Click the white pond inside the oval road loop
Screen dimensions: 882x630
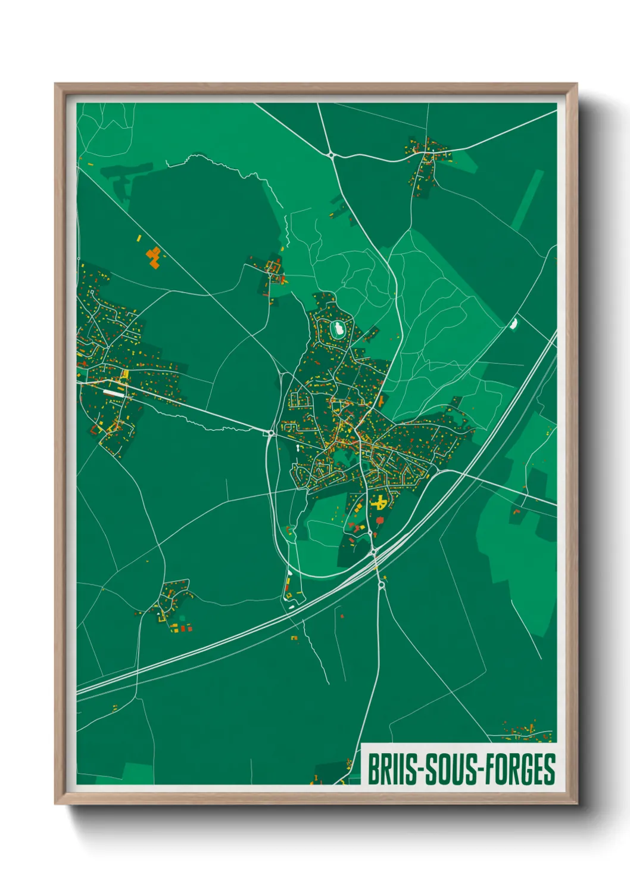point(338,328)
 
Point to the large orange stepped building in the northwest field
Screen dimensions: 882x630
point(154,257)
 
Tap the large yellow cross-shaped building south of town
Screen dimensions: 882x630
point(379,502)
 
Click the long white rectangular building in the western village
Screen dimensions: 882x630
point(114,393)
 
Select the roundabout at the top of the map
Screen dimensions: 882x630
point(331,155)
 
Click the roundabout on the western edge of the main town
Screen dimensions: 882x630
point(271,432)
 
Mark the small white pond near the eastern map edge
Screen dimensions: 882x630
point(514,324)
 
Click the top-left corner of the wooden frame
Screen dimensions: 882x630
point(55,84)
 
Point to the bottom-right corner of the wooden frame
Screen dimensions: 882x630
point(576,803)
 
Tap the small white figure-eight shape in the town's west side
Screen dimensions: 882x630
point(298,446)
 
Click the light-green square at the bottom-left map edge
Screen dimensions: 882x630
point(138,773)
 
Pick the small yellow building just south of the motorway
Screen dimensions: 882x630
point(294,638)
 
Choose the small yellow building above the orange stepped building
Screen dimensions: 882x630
point(139,238)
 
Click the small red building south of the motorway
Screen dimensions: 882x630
point(342,616)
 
